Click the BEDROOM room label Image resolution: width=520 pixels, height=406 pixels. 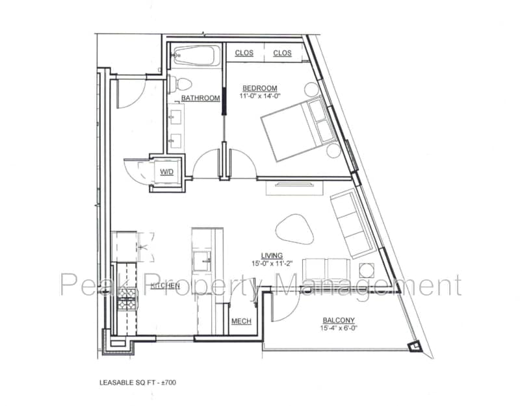260,88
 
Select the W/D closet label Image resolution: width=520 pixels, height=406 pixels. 166,172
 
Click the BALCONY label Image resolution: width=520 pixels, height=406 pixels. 338,320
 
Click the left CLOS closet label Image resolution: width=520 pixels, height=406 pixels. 244,53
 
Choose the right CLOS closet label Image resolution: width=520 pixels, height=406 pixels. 282,53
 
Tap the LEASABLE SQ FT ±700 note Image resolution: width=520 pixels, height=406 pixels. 137,382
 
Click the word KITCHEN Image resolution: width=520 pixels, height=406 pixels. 165,286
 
